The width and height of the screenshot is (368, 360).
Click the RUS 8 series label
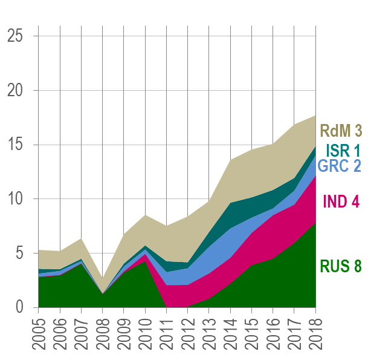340,266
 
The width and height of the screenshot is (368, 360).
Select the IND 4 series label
341,201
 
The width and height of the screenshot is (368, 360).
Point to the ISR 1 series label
343,150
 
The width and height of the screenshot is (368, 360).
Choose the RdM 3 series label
341,131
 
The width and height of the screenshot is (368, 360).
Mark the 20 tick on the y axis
16,91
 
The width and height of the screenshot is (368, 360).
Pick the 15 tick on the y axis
16,145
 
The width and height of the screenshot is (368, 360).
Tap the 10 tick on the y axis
16,199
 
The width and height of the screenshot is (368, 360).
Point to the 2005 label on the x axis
39,333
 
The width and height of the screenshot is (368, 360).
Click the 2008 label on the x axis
103,333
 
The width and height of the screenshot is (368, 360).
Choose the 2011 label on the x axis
167,333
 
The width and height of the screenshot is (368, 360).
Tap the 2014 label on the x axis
230,333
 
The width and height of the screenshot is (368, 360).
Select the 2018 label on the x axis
315,333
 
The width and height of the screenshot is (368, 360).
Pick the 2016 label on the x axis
273,333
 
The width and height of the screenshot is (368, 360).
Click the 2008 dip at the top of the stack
103,280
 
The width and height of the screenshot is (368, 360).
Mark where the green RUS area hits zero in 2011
167,307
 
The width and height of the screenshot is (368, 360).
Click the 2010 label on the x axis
145,333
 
